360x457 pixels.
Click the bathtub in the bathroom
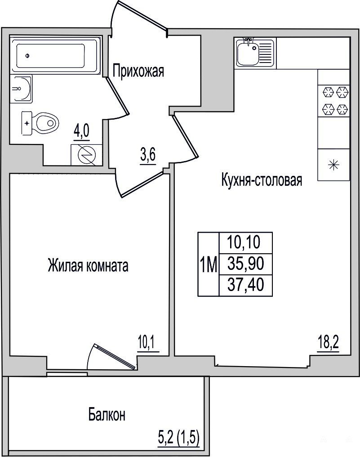coord(55,55)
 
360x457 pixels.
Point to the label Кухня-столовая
coord(262,180)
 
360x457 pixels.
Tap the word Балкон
coord(107,415)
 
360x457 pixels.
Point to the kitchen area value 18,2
coord(328,345)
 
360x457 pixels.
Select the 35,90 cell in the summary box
coord(246,264)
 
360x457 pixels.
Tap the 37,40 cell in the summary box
coord(246,285)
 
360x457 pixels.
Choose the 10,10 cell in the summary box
coord(246,243)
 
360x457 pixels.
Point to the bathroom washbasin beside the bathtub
coord(21,88)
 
